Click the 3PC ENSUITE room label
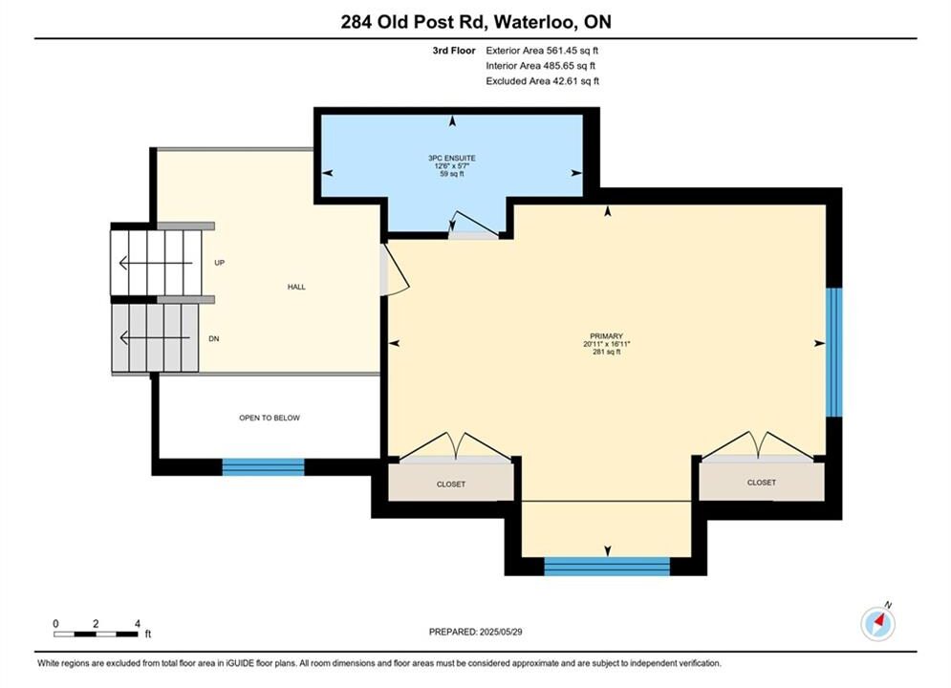tap(452, 159)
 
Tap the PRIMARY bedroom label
tap(607, 336)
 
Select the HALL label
tap(296, 287)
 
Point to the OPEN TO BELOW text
tap(270, 418)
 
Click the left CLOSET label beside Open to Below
tap(451, 484)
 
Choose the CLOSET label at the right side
tap(761, 483)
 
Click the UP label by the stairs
tap(220, 263)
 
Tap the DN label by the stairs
tap(213, 339)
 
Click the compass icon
tap(877, 622)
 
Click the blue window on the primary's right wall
tap(834, 353)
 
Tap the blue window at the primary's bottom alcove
tap(607, 566)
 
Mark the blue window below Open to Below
tap(263, 466)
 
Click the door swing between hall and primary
tap(396, 269)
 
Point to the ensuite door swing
tap(474, 224)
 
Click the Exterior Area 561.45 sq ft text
tap(542, 51)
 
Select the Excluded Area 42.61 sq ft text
tap(542, 81)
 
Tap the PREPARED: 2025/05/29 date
tap(476, 632)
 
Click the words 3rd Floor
tap(454, 51)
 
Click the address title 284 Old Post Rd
tap(413, 22)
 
